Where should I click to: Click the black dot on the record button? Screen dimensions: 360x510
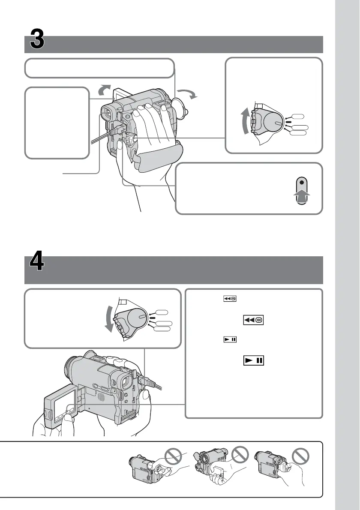point(303,182)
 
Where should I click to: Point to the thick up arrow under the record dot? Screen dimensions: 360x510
point(303,198)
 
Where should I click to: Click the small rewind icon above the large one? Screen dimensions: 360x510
point(229,300)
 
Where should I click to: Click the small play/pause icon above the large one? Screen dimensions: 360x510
point(229,339)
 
